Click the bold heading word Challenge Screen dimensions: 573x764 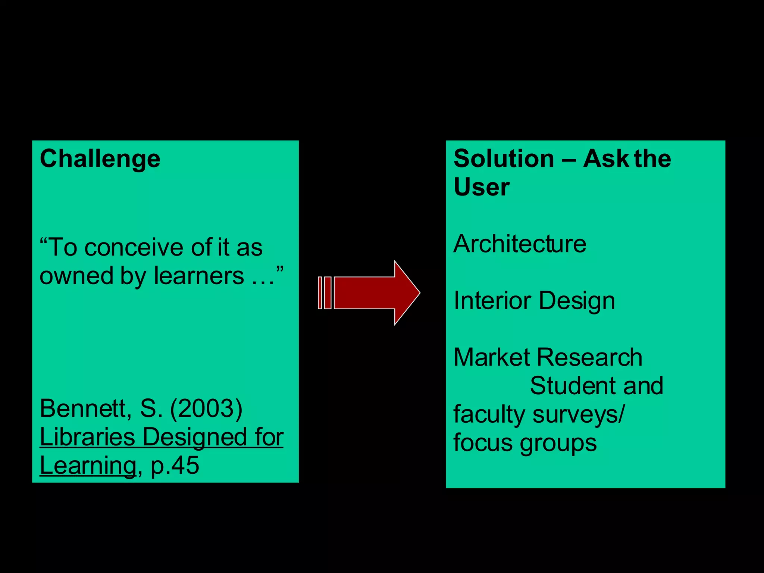[100, 159]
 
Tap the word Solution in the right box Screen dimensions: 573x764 [504, 159]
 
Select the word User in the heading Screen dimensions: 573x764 [481, 187]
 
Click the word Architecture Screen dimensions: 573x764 [520, 244]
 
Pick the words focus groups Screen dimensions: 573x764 [525, 443]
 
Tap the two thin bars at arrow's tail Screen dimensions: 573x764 [325, 293]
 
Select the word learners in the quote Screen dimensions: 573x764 [199, 276]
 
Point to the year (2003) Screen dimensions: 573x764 [206, 408]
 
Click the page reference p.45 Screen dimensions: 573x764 [175, 466]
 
